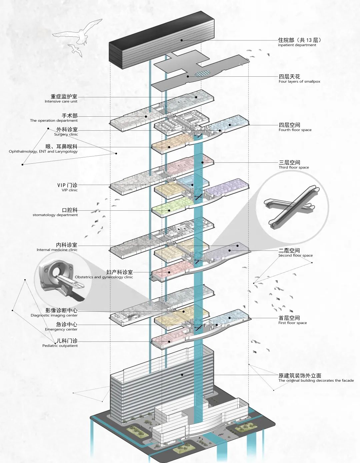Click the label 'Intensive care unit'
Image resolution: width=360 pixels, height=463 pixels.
click(x=61, y=101)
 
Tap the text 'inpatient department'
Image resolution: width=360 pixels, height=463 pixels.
click(x=297, y=45)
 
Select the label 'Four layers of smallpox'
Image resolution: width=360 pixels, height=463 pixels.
click(x=299, y=81)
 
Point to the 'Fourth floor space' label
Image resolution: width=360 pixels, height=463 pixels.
click(x=295, y=130)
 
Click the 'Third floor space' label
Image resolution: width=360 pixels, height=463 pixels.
click(x=294, y=167)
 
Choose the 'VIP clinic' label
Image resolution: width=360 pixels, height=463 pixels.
click(x=69, y=190)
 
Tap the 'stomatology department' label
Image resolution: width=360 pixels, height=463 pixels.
click(x=55, y=215)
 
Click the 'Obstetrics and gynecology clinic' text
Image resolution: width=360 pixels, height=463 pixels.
click(x=104, y=277)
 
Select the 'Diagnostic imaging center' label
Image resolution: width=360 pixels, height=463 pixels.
click(x=54, y=315)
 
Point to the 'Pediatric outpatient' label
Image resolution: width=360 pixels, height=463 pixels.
click(x=60, y=346)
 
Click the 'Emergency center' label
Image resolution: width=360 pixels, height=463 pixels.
click(x=61, y=329)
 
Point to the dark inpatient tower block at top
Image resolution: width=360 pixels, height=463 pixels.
click(x=162, y=42)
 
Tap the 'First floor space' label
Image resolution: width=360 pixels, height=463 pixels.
click(x=293, y=323)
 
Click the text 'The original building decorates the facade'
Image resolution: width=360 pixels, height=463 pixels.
click(x=316, y=380)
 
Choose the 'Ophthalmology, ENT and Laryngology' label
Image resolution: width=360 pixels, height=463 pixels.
click(x=43, y=151)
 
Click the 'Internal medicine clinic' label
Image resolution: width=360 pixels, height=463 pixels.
click(x=57, y=250)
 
